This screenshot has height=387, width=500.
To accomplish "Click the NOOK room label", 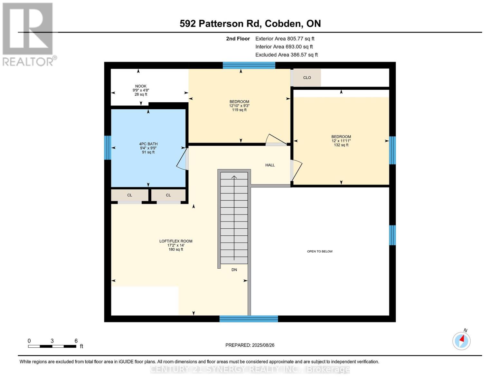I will pos(141,86).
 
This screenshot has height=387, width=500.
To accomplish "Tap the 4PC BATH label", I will pos(148,144).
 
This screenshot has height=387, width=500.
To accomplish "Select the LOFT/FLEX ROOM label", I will pos(176,241).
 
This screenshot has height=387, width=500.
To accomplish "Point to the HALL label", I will pos(270,165).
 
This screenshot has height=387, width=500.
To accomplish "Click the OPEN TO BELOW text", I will pos(320,251).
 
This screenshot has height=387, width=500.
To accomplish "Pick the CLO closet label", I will pos(307,78).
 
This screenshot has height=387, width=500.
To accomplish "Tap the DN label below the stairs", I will pos(234,270).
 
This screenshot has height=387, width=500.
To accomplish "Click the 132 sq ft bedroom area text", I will pos(341,145).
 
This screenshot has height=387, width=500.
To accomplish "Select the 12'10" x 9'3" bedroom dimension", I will pos(239,106).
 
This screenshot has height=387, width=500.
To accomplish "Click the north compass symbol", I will pos(461,341).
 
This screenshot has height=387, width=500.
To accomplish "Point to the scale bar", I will pos(52,346).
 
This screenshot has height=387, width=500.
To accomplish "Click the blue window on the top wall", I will pos(249,65).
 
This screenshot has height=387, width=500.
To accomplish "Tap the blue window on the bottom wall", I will pos(249,319).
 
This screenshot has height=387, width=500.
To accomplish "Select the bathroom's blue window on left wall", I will pos(108,148).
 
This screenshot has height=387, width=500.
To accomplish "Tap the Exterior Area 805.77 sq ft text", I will pos(285,39).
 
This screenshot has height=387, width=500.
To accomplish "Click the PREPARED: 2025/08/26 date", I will pos(250,345).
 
